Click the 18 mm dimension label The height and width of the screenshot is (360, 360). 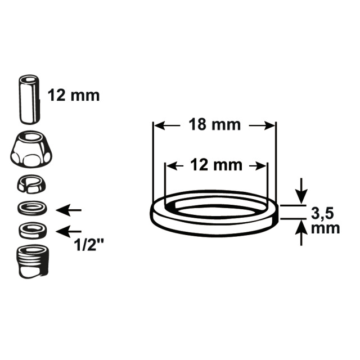point(215,125)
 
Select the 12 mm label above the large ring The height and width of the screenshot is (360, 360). point(216,165)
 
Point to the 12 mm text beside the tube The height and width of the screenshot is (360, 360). point(74,95)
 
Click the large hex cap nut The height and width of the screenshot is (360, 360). point(31,148)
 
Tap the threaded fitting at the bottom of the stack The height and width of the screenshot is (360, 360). point(33,262)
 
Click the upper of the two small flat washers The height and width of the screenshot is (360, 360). point(33,208)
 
